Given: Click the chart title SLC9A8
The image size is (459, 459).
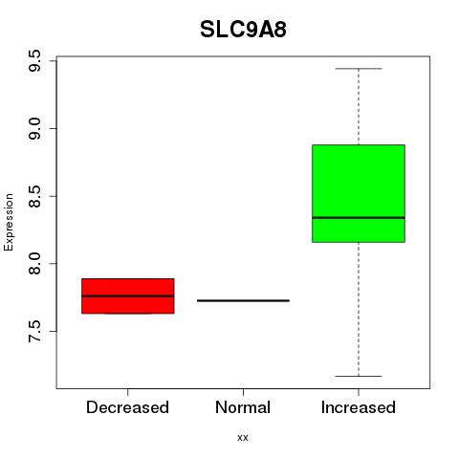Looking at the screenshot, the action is click(x=243, y=30).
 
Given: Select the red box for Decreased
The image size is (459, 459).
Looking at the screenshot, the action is click(x=128, y=295).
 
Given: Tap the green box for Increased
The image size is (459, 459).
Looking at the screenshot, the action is click(x=359, y=193).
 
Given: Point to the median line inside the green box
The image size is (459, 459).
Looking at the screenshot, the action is click(x=359, y=218).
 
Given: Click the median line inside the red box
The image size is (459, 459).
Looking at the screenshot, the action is click(x=128, y=295).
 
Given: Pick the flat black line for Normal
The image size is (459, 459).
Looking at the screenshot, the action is click(x=243, y=300).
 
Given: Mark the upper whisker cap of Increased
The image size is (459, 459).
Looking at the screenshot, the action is click(x=359, y=69).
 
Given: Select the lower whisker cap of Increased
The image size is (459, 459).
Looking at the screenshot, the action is click(x=359, y=376).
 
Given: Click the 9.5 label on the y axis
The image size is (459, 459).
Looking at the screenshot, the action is click(x=34, y=61).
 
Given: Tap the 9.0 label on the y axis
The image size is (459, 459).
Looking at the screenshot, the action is click(x=34, y=128).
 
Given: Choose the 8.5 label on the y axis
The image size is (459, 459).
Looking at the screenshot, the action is click(x=34, y=196).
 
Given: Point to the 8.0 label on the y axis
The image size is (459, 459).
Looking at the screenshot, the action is click(x=34, y=264).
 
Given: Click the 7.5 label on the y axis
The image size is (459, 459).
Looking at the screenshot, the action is click(x=34, y=331).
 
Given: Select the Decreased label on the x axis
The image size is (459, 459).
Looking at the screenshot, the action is click(x=127, y=407).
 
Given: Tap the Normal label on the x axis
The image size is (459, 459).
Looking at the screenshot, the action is click(x=243, y=407).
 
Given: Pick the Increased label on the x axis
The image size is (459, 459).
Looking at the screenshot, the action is click(x=359, y=407).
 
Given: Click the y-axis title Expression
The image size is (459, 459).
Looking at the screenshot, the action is click(x=9, y=222).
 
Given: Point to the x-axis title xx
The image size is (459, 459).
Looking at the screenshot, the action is click(x=243, y=437).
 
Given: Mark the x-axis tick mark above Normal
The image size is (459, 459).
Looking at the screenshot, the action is click(x=243, y=392).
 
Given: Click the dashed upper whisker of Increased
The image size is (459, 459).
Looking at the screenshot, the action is click(x=359, y=107).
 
